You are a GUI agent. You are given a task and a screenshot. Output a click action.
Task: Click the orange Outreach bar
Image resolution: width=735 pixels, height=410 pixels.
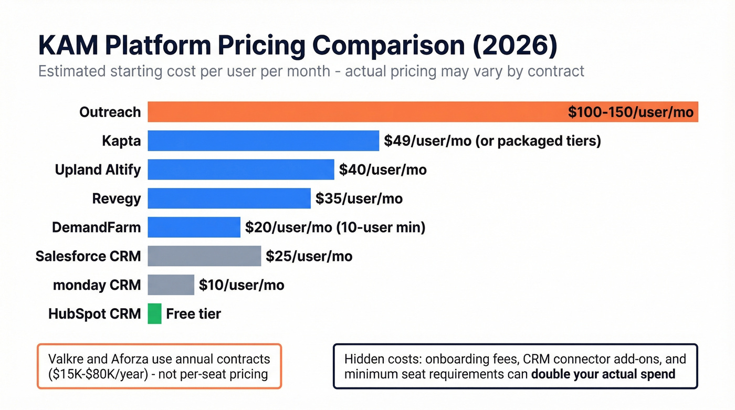pyautogui.click(x=357, y=112)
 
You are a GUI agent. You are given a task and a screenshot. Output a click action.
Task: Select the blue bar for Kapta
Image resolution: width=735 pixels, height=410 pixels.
pyautogui.click(x=263, y=141)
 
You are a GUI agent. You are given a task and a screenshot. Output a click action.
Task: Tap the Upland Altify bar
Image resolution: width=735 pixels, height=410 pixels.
pyautogui.click(x=240, y=170)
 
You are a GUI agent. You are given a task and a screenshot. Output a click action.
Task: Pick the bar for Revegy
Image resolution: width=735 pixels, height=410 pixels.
pyautogui.click(x=229, y=198)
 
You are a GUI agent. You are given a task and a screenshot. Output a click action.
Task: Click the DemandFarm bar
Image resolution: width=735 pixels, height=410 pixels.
pyautogui.click(x=194, y=227)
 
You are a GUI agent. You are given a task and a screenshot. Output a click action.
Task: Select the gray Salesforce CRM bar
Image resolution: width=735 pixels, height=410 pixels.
pyautogui.click(x=204, y=256)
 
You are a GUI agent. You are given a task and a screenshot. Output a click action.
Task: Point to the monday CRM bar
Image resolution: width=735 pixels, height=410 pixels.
pyautogui.click(x=171, y=285)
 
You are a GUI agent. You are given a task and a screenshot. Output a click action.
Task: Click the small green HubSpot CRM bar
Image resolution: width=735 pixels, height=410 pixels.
pyautogui.click(x=154, y=314)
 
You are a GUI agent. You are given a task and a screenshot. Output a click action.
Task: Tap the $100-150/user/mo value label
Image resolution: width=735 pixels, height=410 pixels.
pyautogui.click(x=631, y=112)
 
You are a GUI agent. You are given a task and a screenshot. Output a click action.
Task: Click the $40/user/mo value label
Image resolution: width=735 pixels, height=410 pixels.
pyautogui.click(x=383, y=170)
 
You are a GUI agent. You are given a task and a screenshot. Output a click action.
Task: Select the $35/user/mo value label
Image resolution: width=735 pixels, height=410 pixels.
pyautogui.click(x=359, y=198)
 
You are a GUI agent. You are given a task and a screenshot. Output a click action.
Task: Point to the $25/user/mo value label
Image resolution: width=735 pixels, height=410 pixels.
pyautogui.click(x=309, y=256)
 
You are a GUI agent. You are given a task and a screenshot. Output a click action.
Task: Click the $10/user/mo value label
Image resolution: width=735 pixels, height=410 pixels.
pyautogui.click(x=241, y=285)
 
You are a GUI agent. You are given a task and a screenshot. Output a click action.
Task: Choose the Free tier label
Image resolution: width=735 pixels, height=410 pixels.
pyautogui.click(x=193, y=314)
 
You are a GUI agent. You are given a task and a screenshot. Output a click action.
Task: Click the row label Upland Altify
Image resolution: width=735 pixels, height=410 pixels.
pyautogui.click(x=98, y=170)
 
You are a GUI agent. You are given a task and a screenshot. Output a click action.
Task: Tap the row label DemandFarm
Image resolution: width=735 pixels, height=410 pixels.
pyautogui.click(x=96, y=227)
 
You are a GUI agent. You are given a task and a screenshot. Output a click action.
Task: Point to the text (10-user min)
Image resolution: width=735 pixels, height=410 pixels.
pyautogui.click(x=381, y=227)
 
